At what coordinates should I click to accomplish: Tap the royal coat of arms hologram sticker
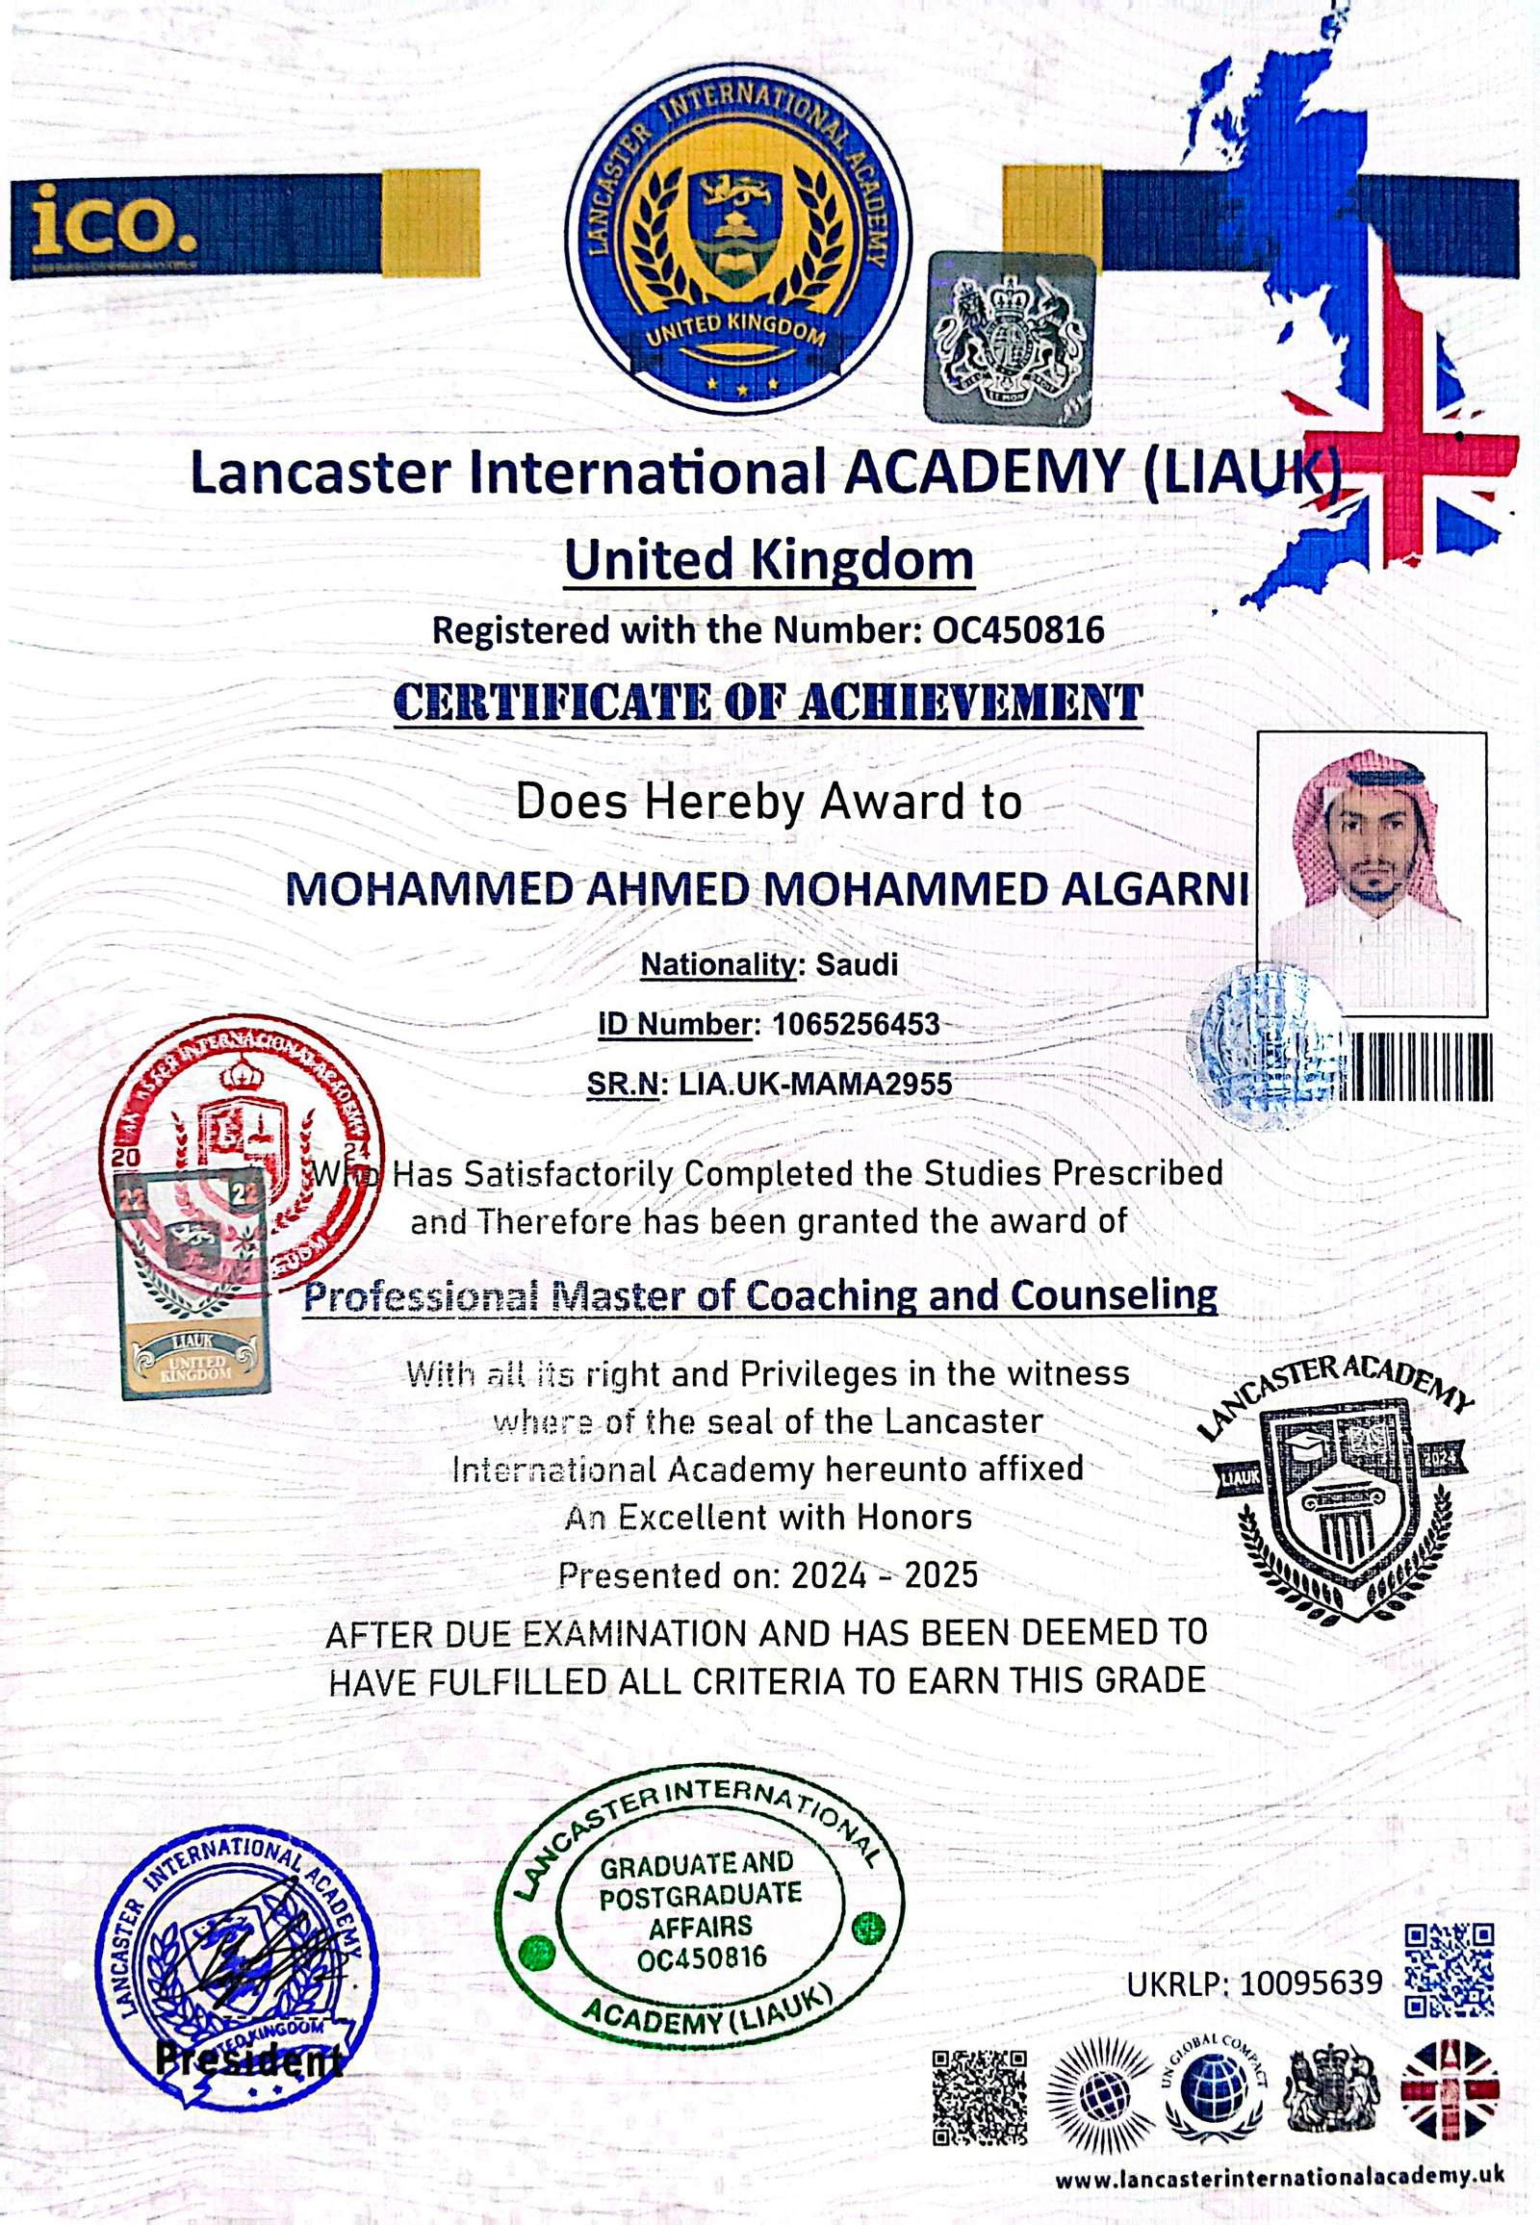tap(1011, 339)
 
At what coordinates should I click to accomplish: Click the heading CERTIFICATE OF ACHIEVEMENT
tap(768, 703)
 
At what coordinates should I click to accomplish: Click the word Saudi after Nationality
tap(857, 964)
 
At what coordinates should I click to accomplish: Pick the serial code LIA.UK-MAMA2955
tap(815, 1084)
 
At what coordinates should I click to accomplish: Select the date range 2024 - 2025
tap(884, 1575)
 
